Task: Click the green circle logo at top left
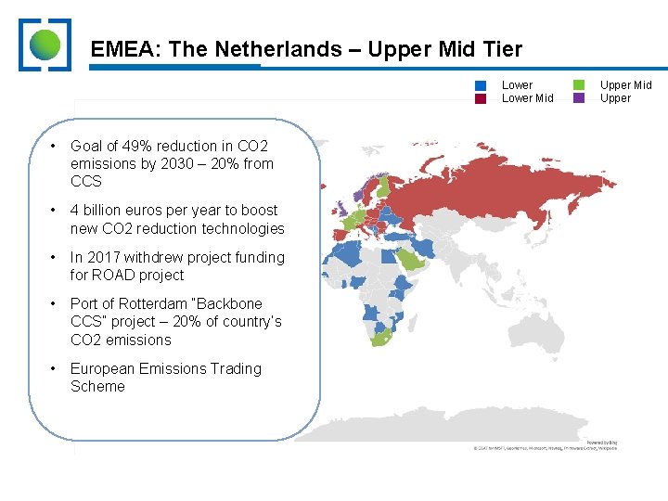pos(45,45)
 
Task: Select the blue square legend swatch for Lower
pos(481,85)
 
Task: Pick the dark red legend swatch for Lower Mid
pos(481,98)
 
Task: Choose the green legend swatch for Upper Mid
pos(579,85)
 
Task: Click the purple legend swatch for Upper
pos(579,98)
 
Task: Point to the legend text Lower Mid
pos(527,98)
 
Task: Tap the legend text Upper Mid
pos(625,85)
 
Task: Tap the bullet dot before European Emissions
pos(55,368)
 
